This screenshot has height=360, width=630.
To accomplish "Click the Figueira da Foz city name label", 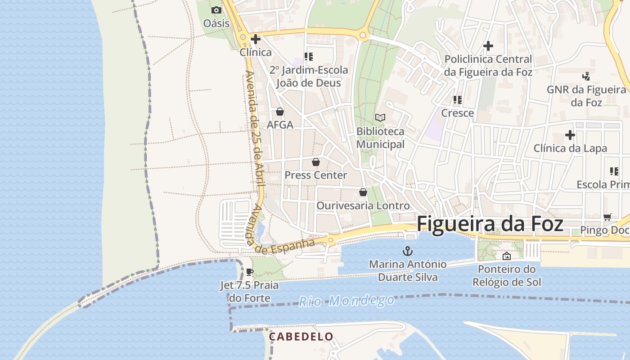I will pyautogui.click(x=490, y=224).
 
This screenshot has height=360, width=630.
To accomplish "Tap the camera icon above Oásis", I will pyautogui.click(x=216, y=10).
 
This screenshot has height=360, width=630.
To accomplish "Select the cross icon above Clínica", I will pyautogui.click(x=256, y=39).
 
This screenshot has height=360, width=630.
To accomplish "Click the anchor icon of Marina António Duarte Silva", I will pyautogui.click(x=408, y=251).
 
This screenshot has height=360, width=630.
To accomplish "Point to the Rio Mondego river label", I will pyautogui.click(x=346, y=301).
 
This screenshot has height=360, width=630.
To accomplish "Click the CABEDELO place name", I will pyautogui.click(x=301, y=337).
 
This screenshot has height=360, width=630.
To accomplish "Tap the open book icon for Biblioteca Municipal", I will pyautogui.click(x=380, y=118).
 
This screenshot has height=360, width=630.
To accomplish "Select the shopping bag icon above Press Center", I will pyautogui.click(x=316, y=162).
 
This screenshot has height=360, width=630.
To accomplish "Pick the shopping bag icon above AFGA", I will pyautogui.click(x=280, y=112).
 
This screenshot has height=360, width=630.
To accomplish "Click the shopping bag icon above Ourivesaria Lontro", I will pyautogui.click(x=363, y=193).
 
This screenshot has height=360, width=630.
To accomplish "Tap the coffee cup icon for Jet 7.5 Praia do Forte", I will pyautogui.click(x=250, y=272).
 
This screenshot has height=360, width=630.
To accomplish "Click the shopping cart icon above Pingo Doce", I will pyautogui.click(x=607, y=217).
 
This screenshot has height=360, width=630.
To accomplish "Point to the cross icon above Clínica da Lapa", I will pyautogui.click(x=570, y=135).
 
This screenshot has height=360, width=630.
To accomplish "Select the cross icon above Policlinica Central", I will pyautogui.click(x=488, y=46).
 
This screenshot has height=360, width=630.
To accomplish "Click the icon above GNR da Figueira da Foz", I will pyautogui.click(x=586, y=76).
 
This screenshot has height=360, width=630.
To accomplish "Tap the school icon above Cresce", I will pyautogui.click(x=458, y=99).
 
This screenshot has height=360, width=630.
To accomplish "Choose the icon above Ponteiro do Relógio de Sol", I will pyautogui.click(x=507, y=256).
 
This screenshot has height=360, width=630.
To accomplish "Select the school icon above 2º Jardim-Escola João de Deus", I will pyautogui.click(x=309, y=57).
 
